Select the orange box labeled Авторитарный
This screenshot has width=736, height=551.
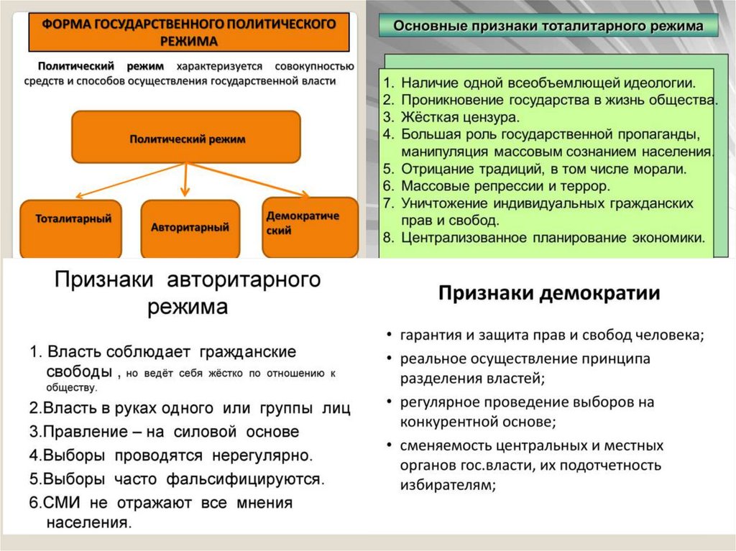pyautogui.click(x=190, y=228)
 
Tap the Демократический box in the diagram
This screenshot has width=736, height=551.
pyautogui.click(x=310, y=226)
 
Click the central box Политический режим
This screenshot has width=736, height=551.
pyautogui.click(x=186, y=138)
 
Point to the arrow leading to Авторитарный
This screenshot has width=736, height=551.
pyautogui.click(x=185, y=180)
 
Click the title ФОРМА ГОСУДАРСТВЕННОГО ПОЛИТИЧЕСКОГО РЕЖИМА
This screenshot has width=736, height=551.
pyautogui.click(x=189, y=31)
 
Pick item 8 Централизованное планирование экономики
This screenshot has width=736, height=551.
pyautogui.click(x=553, y=237)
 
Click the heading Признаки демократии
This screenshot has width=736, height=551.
pyautogui.click(x=549, y=293)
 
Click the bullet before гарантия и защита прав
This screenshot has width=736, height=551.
pyautogui.click(x=387, y=335)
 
